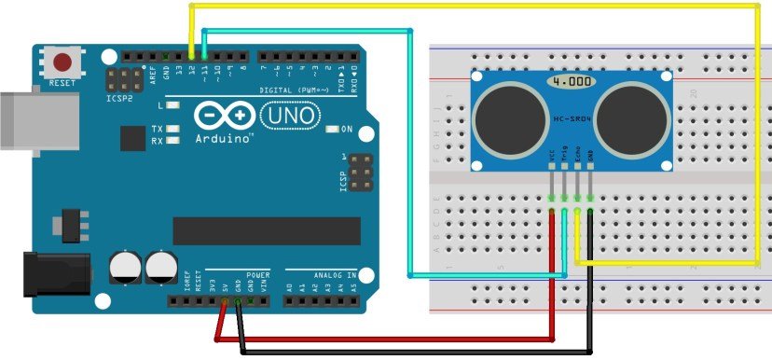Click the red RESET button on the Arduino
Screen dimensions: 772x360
pyautogui.click(x=62, y=62)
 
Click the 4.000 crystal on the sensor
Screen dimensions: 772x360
pyautogui.click(x=570, y=83)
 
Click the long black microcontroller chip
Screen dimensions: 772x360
pyautogui.click(x=267, y=230)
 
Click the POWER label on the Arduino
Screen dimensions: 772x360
pyautogui.click(x=258, y=276)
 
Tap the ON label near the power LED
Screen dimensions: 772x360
pyautogui.click(x=347, y=129)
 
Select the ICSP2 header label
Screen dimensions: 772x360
pyautogui.click(x=117, y=96)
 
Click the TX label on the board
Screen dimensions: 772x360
pyautogui.click(x=158, y=128)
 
